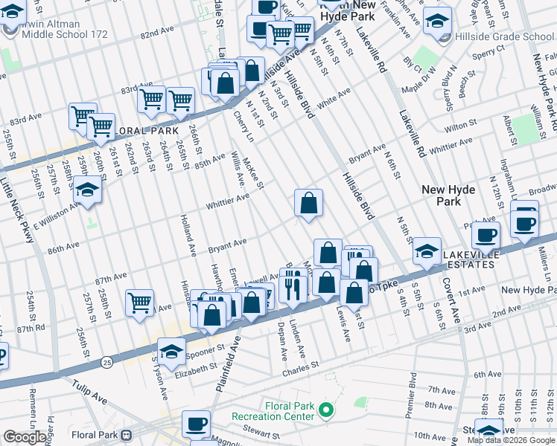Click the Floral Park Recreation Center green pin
[325, 409]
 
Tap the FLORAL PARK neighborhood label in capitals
[146, 130]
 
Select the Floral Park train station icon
[127, 434]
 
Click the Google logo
[25, 437]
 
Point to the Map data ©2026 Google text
[511, 440]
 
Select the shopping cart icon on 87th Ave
[139, 302]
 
